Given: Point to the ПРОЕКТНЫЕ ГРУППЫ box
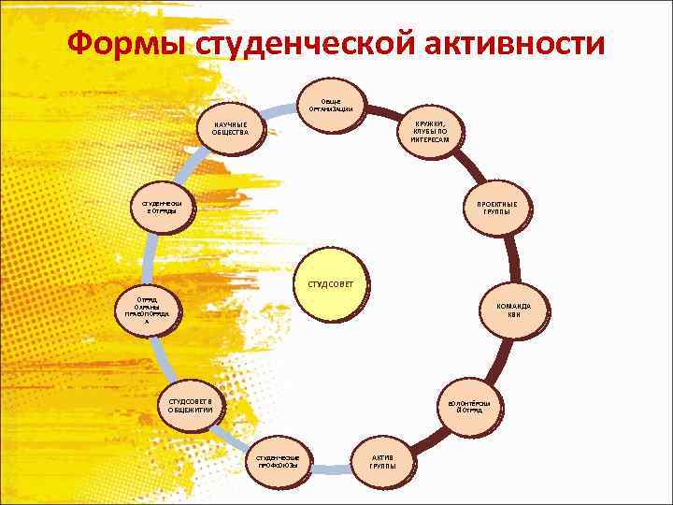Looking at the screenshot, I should click(496, 209).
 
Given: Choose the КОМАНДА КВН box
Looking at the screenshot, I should click(514, 310).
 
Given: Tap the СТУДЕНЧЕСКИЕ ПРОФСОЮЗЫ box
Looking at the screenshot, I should click(278, 460).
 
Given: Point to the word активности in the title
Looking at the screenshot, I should click(509, 43).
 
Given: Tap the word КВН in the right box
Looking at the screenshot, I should click(514, 316).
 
